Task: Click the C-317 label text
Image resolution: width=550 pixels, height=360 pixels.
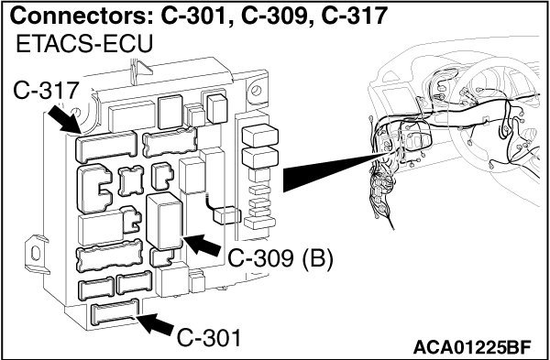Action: coord(46,91)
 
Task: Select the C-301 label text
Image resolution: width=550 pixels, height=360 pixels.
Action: coord(209,338)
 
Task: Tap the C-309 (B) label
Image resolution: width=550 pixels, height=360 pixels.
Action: coord(280,260)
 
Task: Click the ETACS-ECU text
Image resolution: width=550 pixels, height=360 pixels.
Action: coord(84,44)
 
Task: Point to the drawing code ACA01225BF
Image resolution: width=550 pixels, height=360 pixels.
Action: coord(472,347)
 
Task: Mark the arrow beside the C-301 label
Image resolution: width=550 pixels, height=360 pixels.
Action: coord(154,323)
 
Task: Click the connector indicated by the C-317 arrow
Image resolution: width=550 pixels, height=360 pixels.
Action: coord(106,147)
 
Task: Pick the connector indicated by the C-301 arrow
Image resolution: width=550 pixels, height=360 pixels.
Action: coord(115,311)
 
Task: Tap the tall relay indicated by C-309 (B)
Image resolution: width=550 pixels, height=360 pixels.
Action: coord(164,221)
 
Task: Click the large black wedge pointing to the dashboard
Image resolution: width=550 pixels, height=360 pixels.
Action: coord(334,171)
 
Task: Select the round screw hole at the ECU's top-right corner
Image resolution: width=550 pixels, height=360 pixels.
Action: coord(256,91)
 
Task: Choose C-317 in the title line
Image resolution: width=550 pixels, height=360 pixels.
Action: coord(354,16)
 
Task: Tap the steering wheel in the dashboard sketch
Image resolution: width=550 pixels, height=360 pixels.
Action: coord(498,115)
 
